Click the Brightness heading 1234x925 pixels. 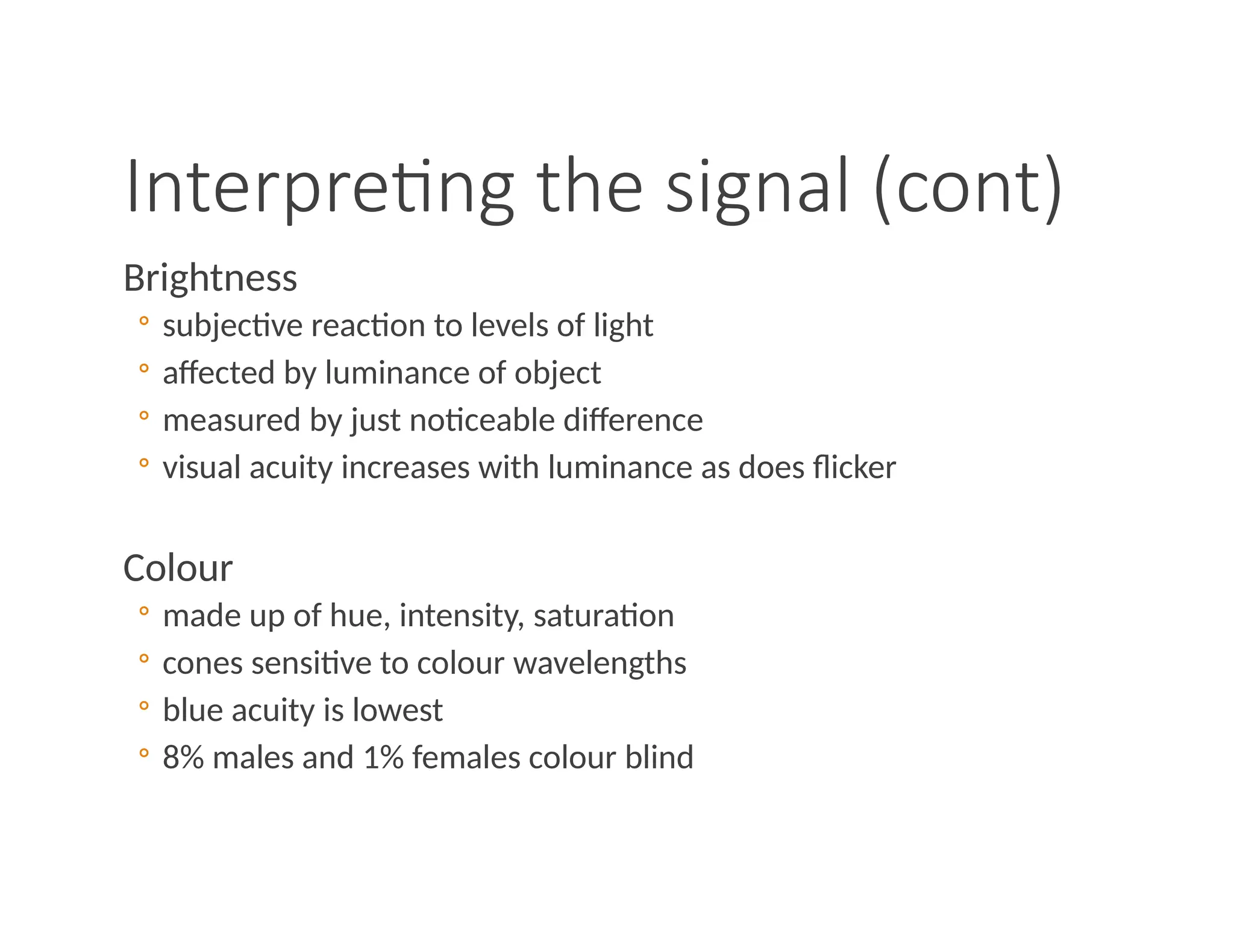[x=210, y=278]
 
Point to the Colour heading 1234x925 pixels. [x=178, y=568]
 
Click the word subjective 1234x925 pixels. [x=233, y=326]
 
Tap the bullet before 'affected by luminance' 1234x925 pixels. [x=143, y=368]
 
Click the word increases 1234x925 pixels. [x=405, y=467]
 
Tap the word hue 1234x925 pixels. [x=355, y=616]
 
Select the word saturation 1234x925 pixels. [x=604, y=616]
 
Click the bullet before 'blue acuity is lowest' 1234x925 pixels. [x=143, y=705]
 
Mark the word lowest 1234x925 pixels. [x=398, y=710]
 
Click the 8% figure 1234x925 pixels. [x=183, y=757]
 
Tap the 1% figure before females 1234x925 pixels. [x=383, y=757]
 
